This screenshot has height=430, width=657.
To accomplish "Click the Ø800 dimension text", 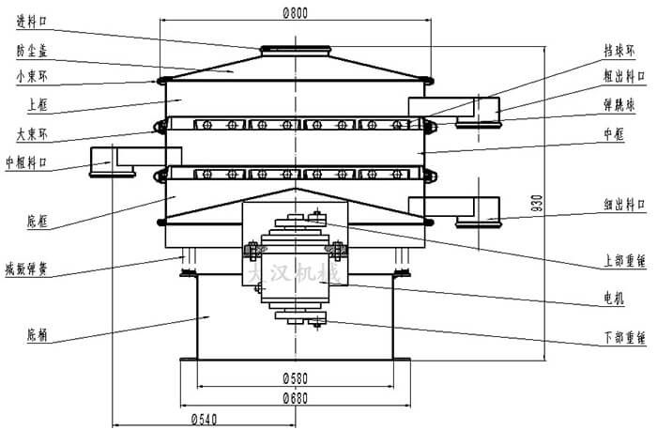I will pyautogui.click(x=296, y=13).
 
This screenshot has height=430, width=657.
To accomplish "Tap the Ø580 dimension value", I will pyautogui.click(x=296, y=378).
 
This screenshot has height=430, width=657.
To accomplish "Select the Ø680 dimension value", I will pyautogui.click(x=296, y=398).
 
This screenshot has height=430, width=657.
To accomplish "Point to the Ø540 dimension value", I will pyautogui.click(x=206, y=418).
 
